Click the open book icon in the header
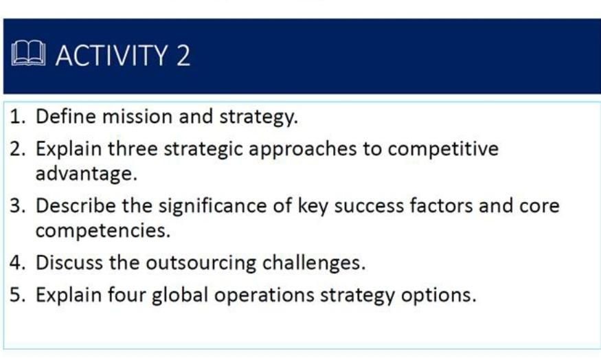click(28, 54)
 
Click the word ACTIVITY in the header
click(112, 55)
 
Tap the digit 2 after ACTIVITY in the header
click(183, 55)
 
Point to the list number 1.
click(16, 117)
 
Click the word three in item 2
click(133, 148)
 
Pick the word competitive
click(443, 149)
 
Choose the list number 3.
click(17, 206)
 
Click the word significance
click(212, 206)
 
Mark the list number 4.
click(17, 263)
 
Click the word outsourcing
click(201, 263)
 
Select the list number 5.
click(17, 295)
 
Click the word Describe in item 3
click(76, 206)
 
